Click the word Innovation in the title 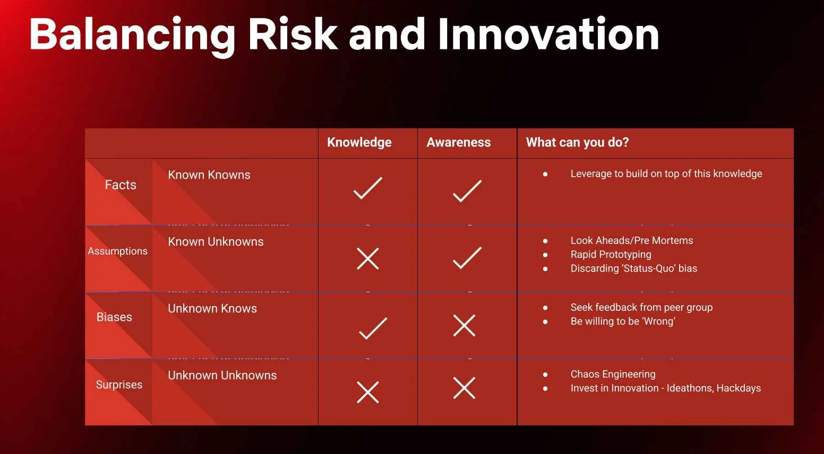pyautogui.click(x=548, y=34)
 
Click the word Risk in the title pyautogui.click(x=293, y=34)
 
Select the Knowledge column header pyautogui.click(x=359, y=142)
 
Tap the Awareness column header pyautogui.click(x=458, y=142)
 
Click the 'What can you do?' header pyautogui.click(x=577, y=142)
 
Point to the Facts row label pyautogui.click(x=121, y=185)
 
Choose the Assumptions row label pyautogui.click(x=117, y=251)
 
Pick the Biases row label pyautogui.click(x=114, y=317)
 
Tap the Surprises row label pyautogui.click(x=119, y=385)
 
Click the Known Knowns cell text pyautogui.click(x=209, y=174)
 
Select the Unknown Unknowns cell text pyautogui.click(x=222, y=376)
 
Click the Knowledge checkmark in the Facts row pyautogui.click(x=368, y=188)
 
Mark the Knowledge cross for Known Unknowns pyautogui.click(x=368, y=259)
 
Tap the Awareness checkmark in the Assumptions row pyautogui.click(x=467, y=258)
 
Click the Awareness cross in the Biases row pyautogui.click(x=464, y=326)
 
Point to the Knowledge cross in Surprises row pyautogui.click(x=368, y=392)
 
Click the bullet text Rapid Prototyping pyautogui.click(x=611, y=255)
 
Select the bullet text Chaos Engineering pyautogui.click(x=613, y=374)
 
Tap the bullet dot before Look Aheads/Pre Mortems pyautogui.click(x=545, y=241)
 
